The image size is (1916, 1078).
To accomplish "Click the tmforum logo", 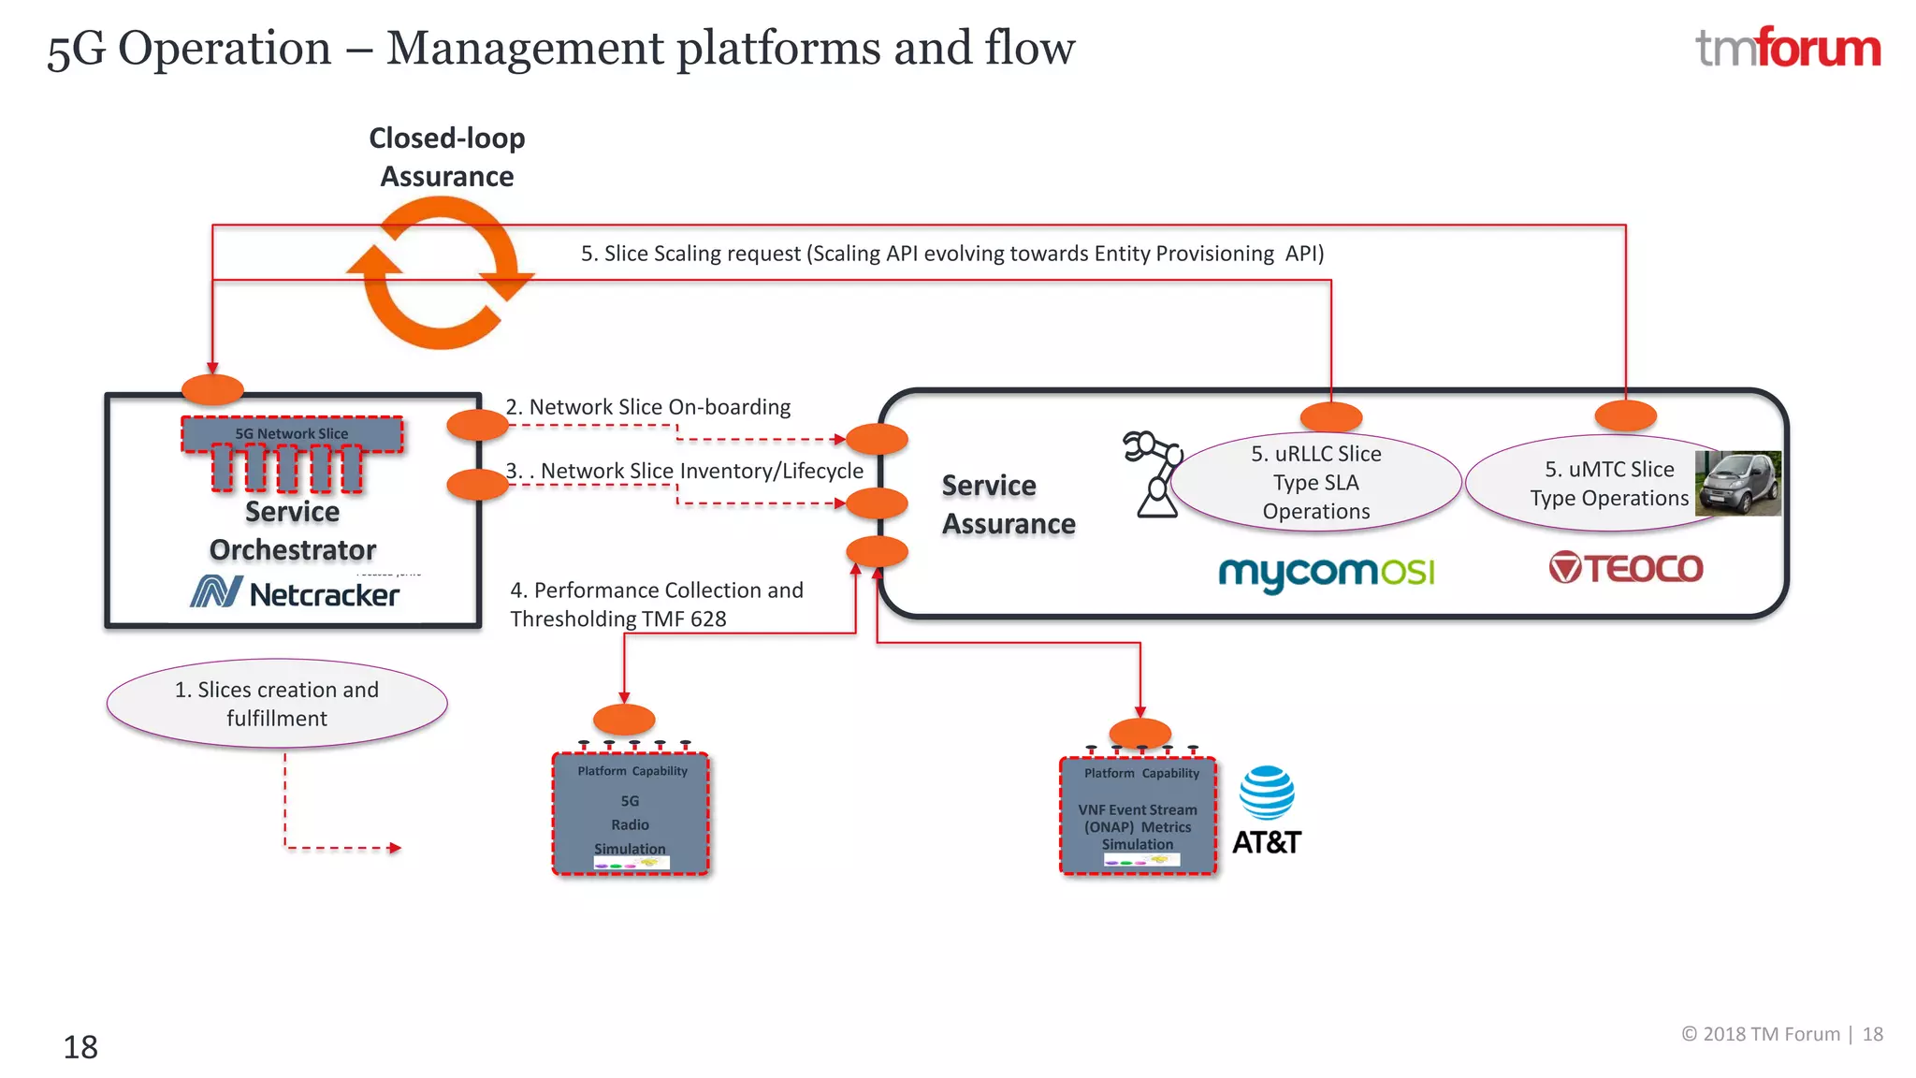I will (1787, 49).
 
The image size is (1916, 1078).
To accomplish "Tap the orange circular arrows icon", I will (440, 273).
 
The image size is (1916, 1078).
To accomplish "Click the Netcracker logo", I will (295, 593).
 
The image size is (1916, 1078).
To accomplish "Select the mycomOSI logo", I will (1326, 572).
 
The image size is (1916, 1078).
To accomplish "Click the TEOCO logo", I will (1626, 568).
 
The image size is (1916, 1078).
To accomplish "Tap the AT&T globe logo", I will (1267, 793).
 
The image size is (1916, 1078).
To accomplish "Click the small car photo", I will (1738, 483).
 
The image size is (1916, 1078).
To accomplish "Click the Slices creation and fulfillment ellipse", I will (277, 704).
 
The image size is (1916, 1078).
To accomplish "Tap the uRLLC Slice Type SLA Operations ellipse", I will (1315, 483).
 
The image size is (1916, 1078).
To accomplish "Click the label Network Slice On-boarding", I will (648, 407).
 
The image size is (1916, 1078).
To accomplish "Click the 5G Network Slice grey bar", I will (292, 434).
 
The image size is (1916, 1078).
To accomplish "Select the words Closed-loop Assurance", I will (447, 157).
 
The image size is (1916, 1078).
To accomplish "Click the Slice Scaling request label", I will (951, 254).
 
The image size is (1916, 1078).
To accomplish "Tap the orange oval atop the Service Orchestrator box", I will (212, 389).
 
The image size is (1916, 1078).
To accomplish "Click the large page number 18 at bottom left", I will (80, 1047).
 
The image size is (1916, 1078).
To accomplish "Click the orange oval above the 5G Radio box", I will (624, 720).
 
